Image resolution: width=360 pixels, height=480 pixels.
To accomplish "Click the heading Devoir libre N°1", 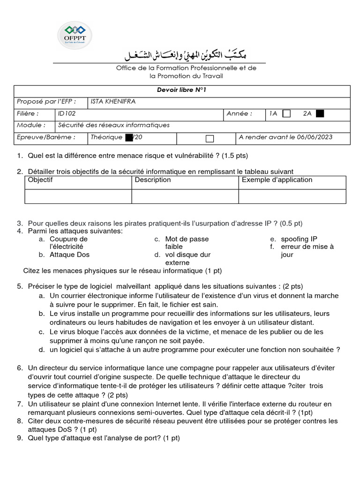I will point(182,90).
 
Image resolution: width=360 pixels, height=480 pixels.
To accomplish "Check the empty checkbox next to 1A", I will point(287,113).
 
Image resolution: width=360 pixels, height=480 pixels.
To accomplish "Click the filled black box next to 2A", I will point(320,113).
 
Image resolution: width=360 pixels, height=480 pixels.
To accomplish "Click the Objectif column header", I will point(40,180).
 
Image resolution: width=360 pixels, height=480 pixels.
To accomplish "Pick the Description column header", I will point(153,180).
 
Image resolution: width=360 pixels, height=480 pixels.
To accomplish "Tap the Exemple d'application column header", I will point(277,180).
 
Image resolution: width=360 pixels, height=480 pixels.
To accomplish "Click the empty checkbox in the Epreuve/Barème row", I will point(210,138).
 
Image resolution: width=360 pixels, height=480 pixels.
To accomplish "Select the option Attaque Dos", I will point(69,255).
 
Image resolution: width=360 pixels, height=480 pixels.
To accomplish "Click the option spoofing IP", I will point(299,239).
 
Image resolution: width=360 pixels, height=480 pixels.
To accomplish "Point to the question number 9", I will point(19,438).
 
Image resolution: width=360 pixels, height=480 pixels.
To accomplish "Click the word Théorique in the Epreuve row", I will point(106,137).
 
